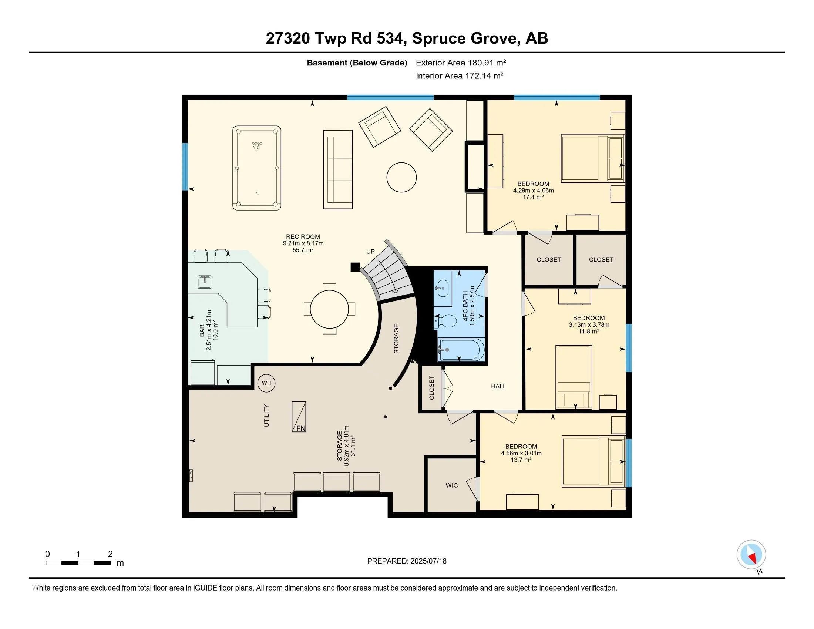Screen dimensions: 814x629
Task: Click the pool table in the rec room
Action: (257, 168)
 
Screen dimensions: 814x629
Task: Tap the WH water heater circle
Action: (266, 383)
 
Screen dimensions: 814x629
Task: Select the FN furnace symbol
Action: (299, 417)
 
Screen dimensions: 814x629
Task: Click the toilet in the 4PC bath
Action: (445, 321)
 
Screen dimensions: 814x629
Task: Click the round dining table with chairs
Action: (329, 309)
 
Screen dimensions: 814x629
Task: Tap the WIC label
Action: (452, 485)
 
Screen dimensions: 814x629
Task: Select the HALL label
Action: (498, 386)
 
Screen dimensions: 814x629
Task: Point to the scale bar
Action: (78, 563)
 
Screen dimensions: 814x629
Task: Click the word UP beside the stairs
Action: (370, 252)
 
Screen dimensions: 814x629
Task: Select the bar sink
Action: (205, 282)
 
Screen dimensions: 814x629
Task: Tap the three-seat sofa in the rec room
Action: (338, 169)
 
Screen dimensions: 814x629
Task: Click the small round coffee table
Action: (401, 177)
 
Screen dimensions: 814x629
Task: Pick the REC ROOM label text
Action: (303, 237)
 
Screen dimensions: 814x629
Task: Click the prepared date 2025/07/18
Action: (428, 561)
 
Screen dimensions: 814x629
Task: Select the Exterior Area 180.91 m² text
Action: (461, 63)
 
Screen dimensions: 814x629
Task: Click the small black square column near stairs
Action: (355, 267)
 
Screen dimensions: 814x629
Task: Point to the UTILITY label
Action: (266, 416)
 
